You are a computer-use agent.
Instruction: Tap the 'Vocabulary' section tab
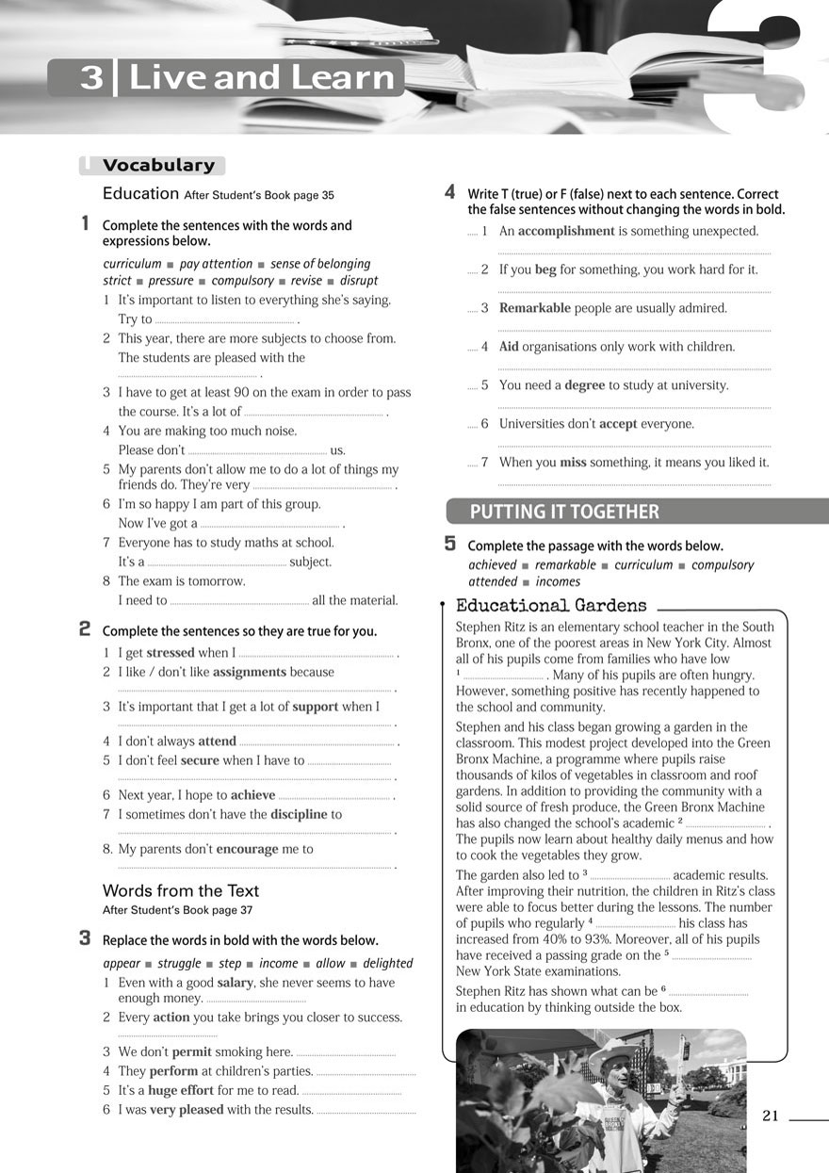click(x=158, y=166)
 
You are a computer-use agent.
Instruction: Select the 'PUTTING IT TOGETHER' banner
click(x=564, y=512)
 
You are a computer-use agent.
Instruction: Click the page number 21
click(x=771, y=1116)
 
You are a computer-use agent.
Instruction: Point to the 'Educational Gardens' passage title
click(x=551, y=606)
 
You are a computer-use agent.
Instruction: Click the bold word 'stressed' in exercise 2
click(x=171, y=652)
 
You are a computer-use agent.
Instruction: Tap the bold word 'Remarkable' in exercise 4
click(x=534, y=308)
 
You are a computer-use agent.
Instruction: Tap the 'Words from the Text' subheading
click(x=181, y=890)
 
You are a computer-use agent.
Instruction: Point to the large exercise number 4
click(x=450, y=192)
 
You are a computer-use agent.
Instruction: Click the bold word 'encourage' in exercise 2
click(x=247, y=849)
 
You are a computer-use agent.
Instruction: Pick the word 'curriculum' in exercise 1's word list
click(x=132, y=264)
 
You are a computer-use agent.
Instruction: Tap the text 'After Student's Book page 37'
click(x=178, y=910)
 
